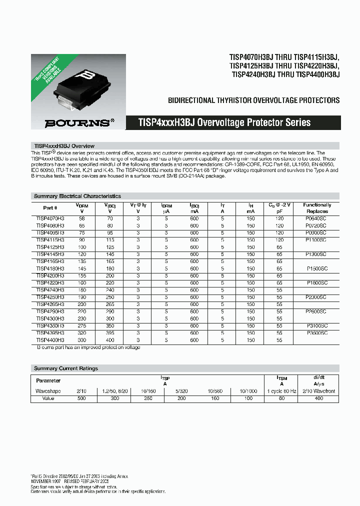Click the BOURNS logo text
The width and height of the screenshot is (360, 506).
click(76, 122)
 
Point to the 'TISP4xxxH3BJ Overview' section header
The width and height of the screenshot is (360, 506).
click(64, 146)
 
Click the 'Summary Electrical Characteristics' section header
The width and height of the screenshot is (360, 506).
click(77, 196)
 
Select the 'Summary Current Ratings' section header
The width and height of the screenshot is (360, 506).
click(65, 368)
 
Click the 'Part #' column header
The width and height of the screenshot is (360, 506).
click(50, 208)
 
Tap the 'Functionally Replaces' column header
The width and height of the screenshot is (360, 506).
click(317, 208)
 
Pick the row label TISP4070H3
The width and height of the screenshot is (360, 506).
click(50, 218)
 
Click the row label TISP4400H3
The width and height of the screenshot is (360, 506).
click(50, 340)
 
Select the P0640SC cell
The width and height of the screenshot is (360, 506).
click(316, 218)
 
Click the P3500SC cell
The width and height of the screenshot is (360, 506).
click(317, 332)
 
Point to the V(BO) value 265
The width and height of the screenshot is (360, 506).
click(110, 304)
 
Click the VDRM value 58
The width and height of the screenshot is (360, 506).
click(82, 218)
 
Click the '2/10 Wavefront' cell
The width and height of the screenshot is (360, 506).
click(318, 391)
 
